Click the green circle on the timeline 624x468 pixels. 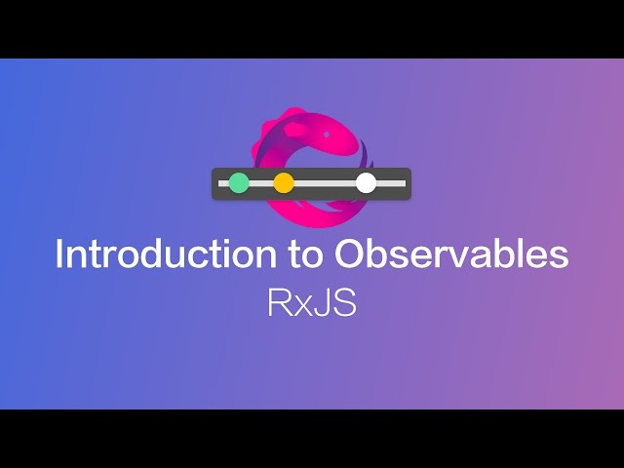[x=239, y=182]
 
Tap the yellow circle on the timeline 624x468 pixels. [x=284, y=182]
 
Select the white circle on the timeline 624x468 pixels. [x=366, y=182]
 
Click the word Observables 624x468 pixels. [x=451, y=254]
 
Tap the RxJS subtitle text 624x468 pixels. [x=312, y=303]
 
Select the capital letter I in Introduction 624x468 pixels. [x=60, y=254]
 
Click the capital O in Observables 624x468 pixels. [x=350, y=254]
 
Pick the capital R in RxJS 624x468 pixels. [x=278, y=303]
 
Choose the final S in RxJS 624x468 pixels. [x=342, y=303]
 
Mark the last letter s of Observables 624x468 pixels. [x=558, y=257]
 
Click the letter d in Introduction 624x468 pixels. [x=153, y=254]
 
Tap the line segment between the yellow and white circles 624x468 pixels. [x=325, y=182]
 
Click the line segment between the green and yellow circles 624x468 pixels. [x=261, y=182]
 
